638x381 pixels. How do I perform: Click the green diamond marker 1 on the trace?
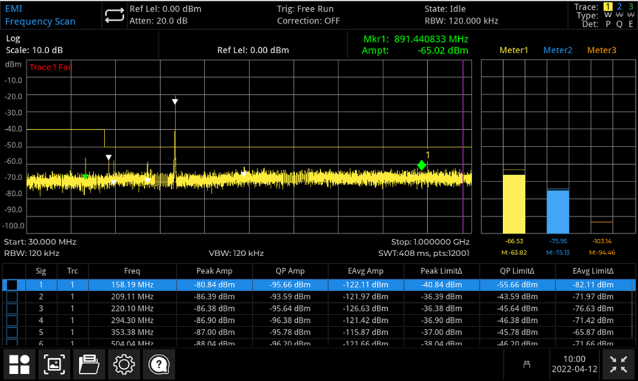pyautogui.click(x=422, y=165)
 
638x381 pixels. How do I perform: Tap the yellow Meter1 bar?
pyautogui.click(x=514, y=204)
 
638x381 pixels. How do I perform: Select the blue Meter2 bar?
pyautogui.click(x=558, y=211)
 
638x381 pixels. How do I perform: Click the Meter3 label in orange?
pyautogui.click(x=601, y=50)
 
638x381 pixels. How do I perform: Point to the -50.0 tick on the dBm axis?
pyautogui.click(x=14, y=145)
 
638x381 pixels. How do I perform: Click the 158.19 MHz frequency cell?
pyautogui.click(x=132, y=285)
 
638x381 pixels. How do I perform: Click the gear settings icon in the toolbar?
pyautogui.click(x=123, y=364)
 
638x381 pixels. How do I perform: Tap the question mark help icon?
pyautogui.click(x=159, y=364)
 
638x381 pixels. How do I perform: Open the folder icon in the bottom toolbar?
pyautogui.click(x=89, y=364)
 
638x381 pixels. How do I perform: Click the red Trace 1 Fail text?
pyautogui.click(x=50, y=67)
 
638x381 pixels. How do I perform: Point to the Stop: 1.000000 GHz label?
pyautogui.click(x=430, y=242)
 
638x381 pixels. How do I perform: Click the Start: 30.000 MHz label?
pyautogui.click(x=40, y=242)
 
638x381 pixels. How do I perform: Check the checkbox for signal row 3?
pyautogui.click(x=12, y=308)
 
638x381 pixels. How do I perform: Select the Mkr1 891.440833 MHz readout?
pyautogui.click(x=416, y=39)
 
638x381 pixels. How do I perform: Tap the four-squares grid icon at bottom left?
pyautogui.click(x=19, y=364)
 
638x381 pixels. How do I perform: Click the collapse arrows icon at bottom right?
pyautogui.click(x=619, y=364)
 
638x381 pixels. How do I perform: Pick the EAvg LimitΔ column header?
pyautogui.click(x=593, y=271)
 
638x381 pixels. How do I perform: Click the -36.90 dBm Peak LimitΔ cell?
pyautogui.click(x=441, y=320)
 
